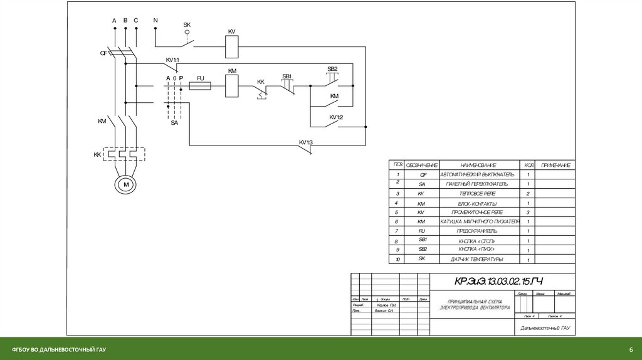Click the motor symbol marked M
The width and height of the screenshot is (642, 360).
coord(125,184)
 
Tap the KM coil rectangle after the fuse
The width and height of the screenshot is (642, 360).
coord(231,85)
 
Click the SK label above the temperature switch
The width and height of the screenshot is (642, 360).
coord(187,25)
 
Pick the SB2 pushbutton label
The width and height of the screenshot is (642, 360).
coord(332,68)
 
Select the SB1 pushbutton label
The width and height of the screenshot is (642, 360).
coord(288,76)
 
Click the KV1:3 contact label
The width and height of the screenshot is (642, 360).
coord(305,142)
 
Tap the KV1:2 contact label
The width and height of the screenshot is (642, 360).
coord(336,117)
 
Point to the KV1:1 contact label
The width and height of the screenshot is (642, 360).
coord(172,60)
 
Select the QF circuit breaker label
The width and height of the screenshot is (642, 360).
coord(104,53)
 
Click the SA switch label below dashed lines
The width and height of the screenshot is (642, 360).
coord(174,123)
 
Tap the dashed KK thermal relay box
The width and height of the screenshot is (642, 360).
coord(124,154)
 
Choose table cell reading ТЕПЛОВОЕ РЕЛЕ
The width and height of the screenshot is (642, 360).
coord(477,194)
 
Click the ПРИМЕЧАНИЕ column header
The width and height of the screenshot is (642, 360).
coord(555,165)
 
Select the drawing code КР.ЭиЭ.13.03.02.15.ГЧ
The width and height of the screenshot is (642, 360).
coord(490,280)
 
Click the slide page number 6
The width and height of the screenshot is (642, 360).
coord(631,349)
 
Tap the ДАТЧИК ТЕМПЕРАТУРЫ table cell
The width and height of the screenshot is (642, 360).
coord(477,259)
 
